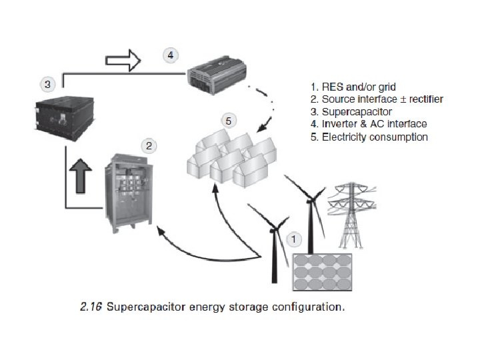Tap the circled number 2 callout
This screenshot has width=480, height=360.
[x=149, y=145]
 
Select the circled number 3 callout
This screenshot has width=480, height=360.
[x=47, y=85]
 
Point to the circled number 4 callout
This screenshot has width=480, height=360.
[x=171, y=55]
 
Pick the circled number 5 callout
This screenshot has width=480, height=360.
[x=229, y=121]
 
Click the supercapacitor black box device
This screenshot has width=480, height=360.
[x=61, y=115]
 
